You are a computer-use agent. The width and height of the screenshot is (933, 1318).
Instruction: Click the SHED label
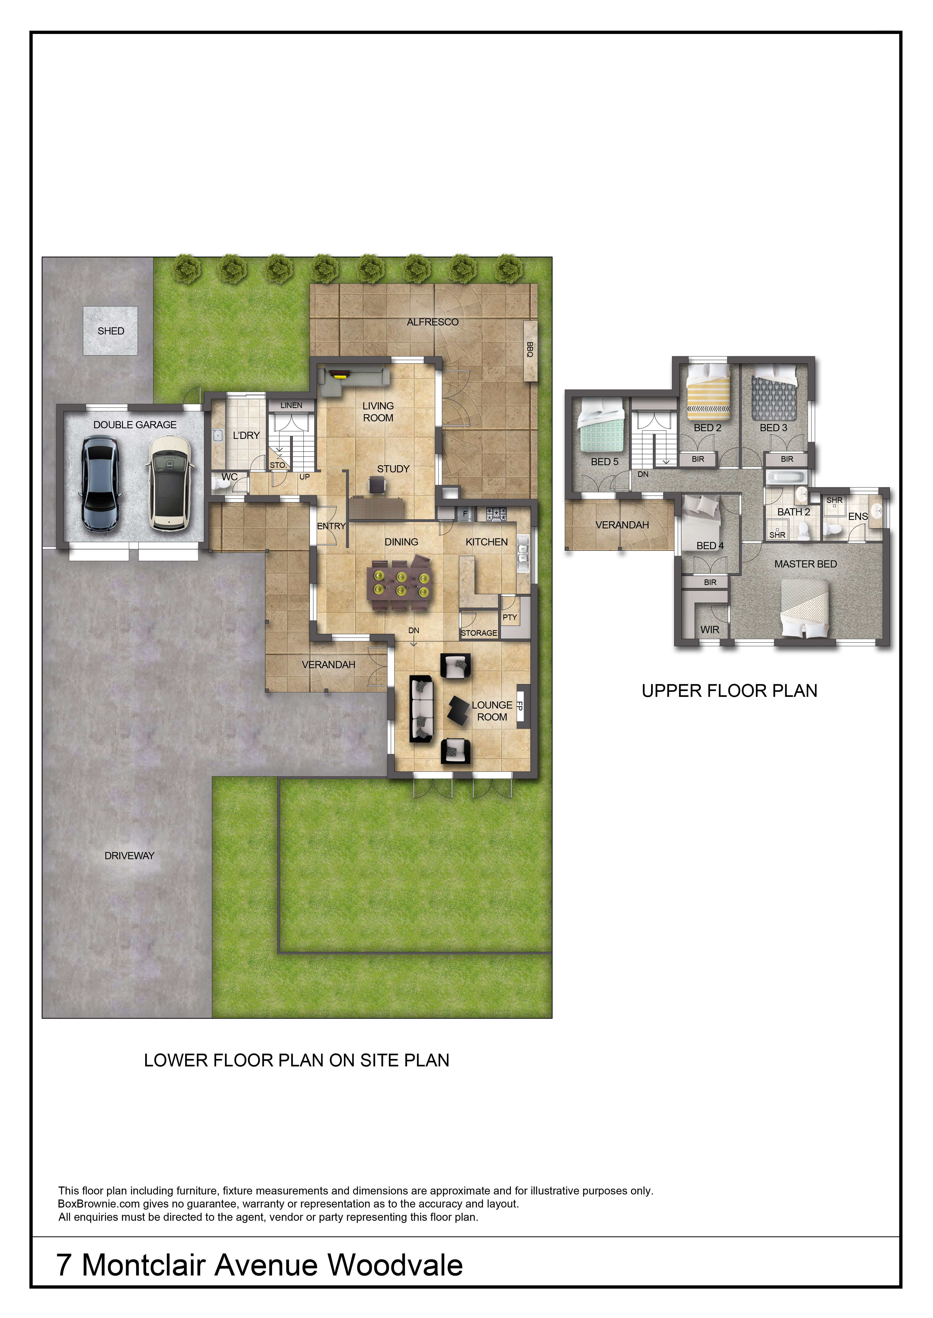coord(111,331)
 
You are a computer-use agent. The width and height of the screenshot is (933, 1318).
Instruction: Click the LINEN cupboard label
coord(291,405)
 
